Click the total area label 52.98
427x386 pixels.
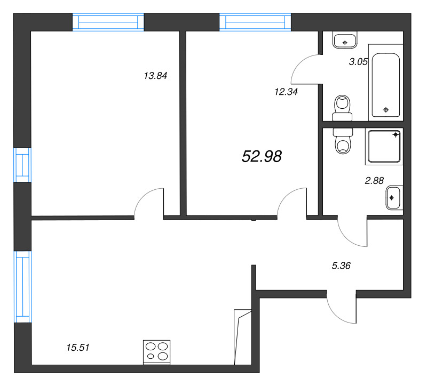262,156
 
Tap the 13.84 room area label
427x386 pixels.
155,76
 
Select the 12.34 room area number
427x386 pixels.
286,91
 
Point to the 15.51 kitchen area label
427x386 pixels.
77,348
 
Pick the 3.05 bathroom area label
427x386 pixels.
358,62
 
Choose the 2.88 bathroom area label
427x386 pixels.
374,181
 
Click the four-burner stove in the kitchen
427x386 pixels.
156,352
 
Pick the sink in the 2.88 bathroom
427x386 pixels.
393,198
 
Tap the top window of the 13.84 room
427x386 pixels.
108,22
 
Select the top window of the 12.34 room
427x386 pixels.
255,22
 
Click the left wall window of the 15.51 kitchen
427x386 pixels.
23,286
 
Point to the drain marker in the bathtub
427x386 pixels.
386,110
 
